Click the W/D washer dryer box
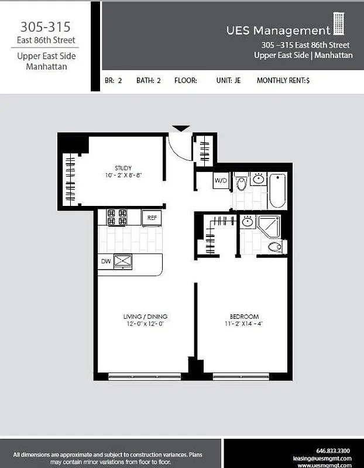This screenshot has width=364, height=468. tap(221, 180)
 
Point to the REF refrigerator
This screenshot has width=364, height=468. tap(152, 218)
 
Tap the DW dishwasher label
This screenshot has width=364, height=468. tap(106, 261)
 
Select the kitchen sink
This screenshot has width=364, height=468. tap(123, 261)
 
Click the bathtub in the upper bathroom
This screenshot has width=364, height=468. tap(277, 190)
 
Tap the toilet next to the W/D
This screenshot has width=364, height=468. tap(242, 185)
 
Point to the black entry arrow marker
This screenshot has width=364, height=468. tap(181, 128)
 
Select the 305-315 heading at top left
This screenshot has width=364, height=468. tap(46, 27)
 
